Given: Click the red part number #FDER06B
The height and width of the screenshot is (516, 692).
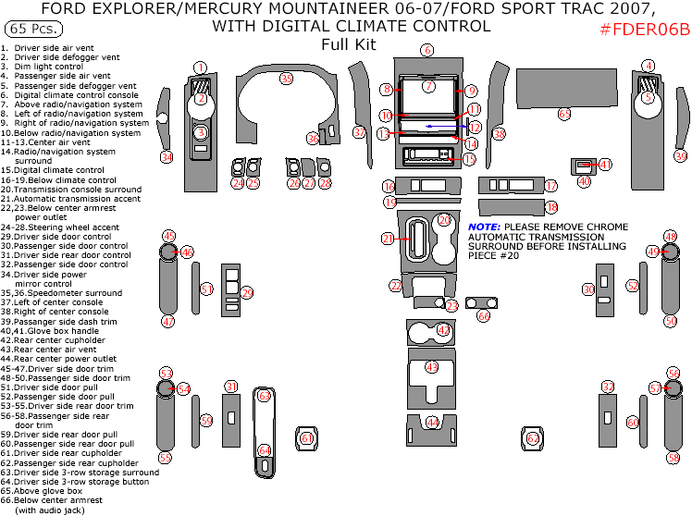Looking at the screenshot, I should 645,29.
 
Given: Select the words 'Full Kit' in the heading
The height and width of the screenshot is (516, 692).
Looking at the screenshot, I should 348,43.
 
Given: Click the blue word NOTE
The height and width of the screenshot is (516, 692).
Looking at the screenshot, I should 484,227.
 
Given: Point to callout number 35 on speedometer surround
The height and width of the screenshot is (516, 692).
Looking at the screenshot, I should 287,79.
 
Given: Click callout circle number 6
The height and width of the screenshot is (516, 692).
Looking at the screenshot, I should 426,50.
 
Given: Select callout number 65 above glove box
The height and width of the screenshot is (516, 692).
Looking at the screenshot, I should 564,114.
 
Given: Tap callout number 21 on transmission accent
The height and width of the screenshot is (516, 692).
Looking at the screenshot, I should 389,239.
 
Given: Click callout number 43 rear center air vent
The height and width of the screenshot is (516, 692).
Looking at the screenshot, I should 431,367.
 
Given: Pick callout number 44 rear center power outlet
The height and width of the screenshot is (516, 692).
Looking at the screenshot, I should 431,423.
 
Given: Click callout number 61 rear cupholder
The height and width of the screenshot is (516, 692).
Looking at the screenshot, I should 305,437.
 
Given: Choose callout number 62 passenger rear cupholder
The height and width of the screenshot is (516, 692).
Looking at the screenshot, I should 533,437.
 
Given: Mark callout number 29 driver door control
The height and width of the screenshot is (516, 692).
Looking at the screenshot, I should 247,293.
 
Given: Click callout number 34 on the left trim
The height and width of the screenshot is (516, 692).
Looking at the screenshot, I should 167,157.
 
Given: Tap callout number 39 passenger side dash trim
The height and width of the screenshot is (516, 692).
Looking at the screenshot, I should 680,156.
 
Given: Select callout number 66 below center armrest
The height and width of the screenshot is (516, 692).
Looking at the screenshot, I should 483,315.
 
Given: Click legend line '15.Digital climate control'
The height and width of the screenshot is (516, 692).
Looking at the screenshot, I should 52,170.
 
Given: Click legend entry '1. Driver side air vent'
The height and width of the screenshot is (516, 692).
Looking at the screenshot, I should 47,47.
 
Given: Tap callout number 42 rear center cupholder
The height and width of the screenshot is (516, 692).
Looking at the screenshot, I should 444,330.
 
